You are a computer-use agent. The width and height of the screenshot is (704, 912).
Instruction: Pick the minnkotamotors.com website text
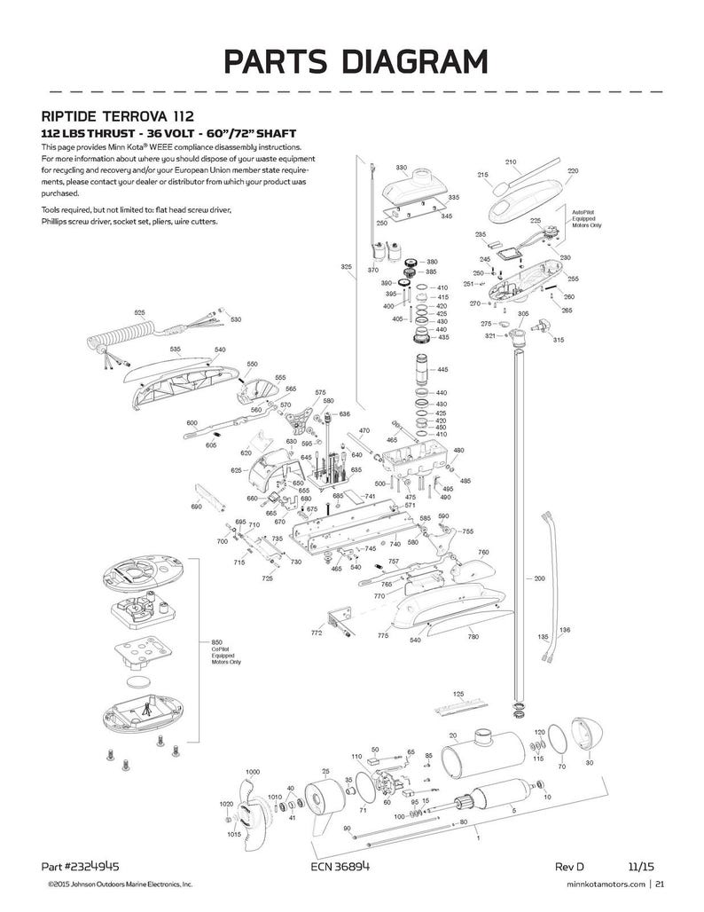click(601, 884)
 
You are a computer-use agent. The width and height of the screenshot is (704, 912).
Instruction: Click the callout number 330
click(401, 167)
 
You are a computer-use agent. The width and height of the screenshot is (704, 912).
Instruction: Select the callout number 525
click(139, 313)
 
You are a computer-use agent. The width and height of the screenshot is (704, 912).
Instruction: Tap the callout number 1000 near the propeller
click(253, 772)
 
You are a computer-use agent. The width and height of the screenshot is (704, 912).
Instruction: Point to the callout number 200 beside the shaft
click(539, 578)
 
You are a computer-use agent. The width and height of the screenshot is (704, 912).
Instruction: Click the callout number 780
click(473, 636)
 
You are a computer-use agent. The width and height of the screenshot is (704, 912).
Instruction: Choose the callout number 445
click(442, 369)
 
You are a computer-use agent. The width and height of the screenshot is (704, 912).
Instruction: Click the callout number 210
click(510, 161)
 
